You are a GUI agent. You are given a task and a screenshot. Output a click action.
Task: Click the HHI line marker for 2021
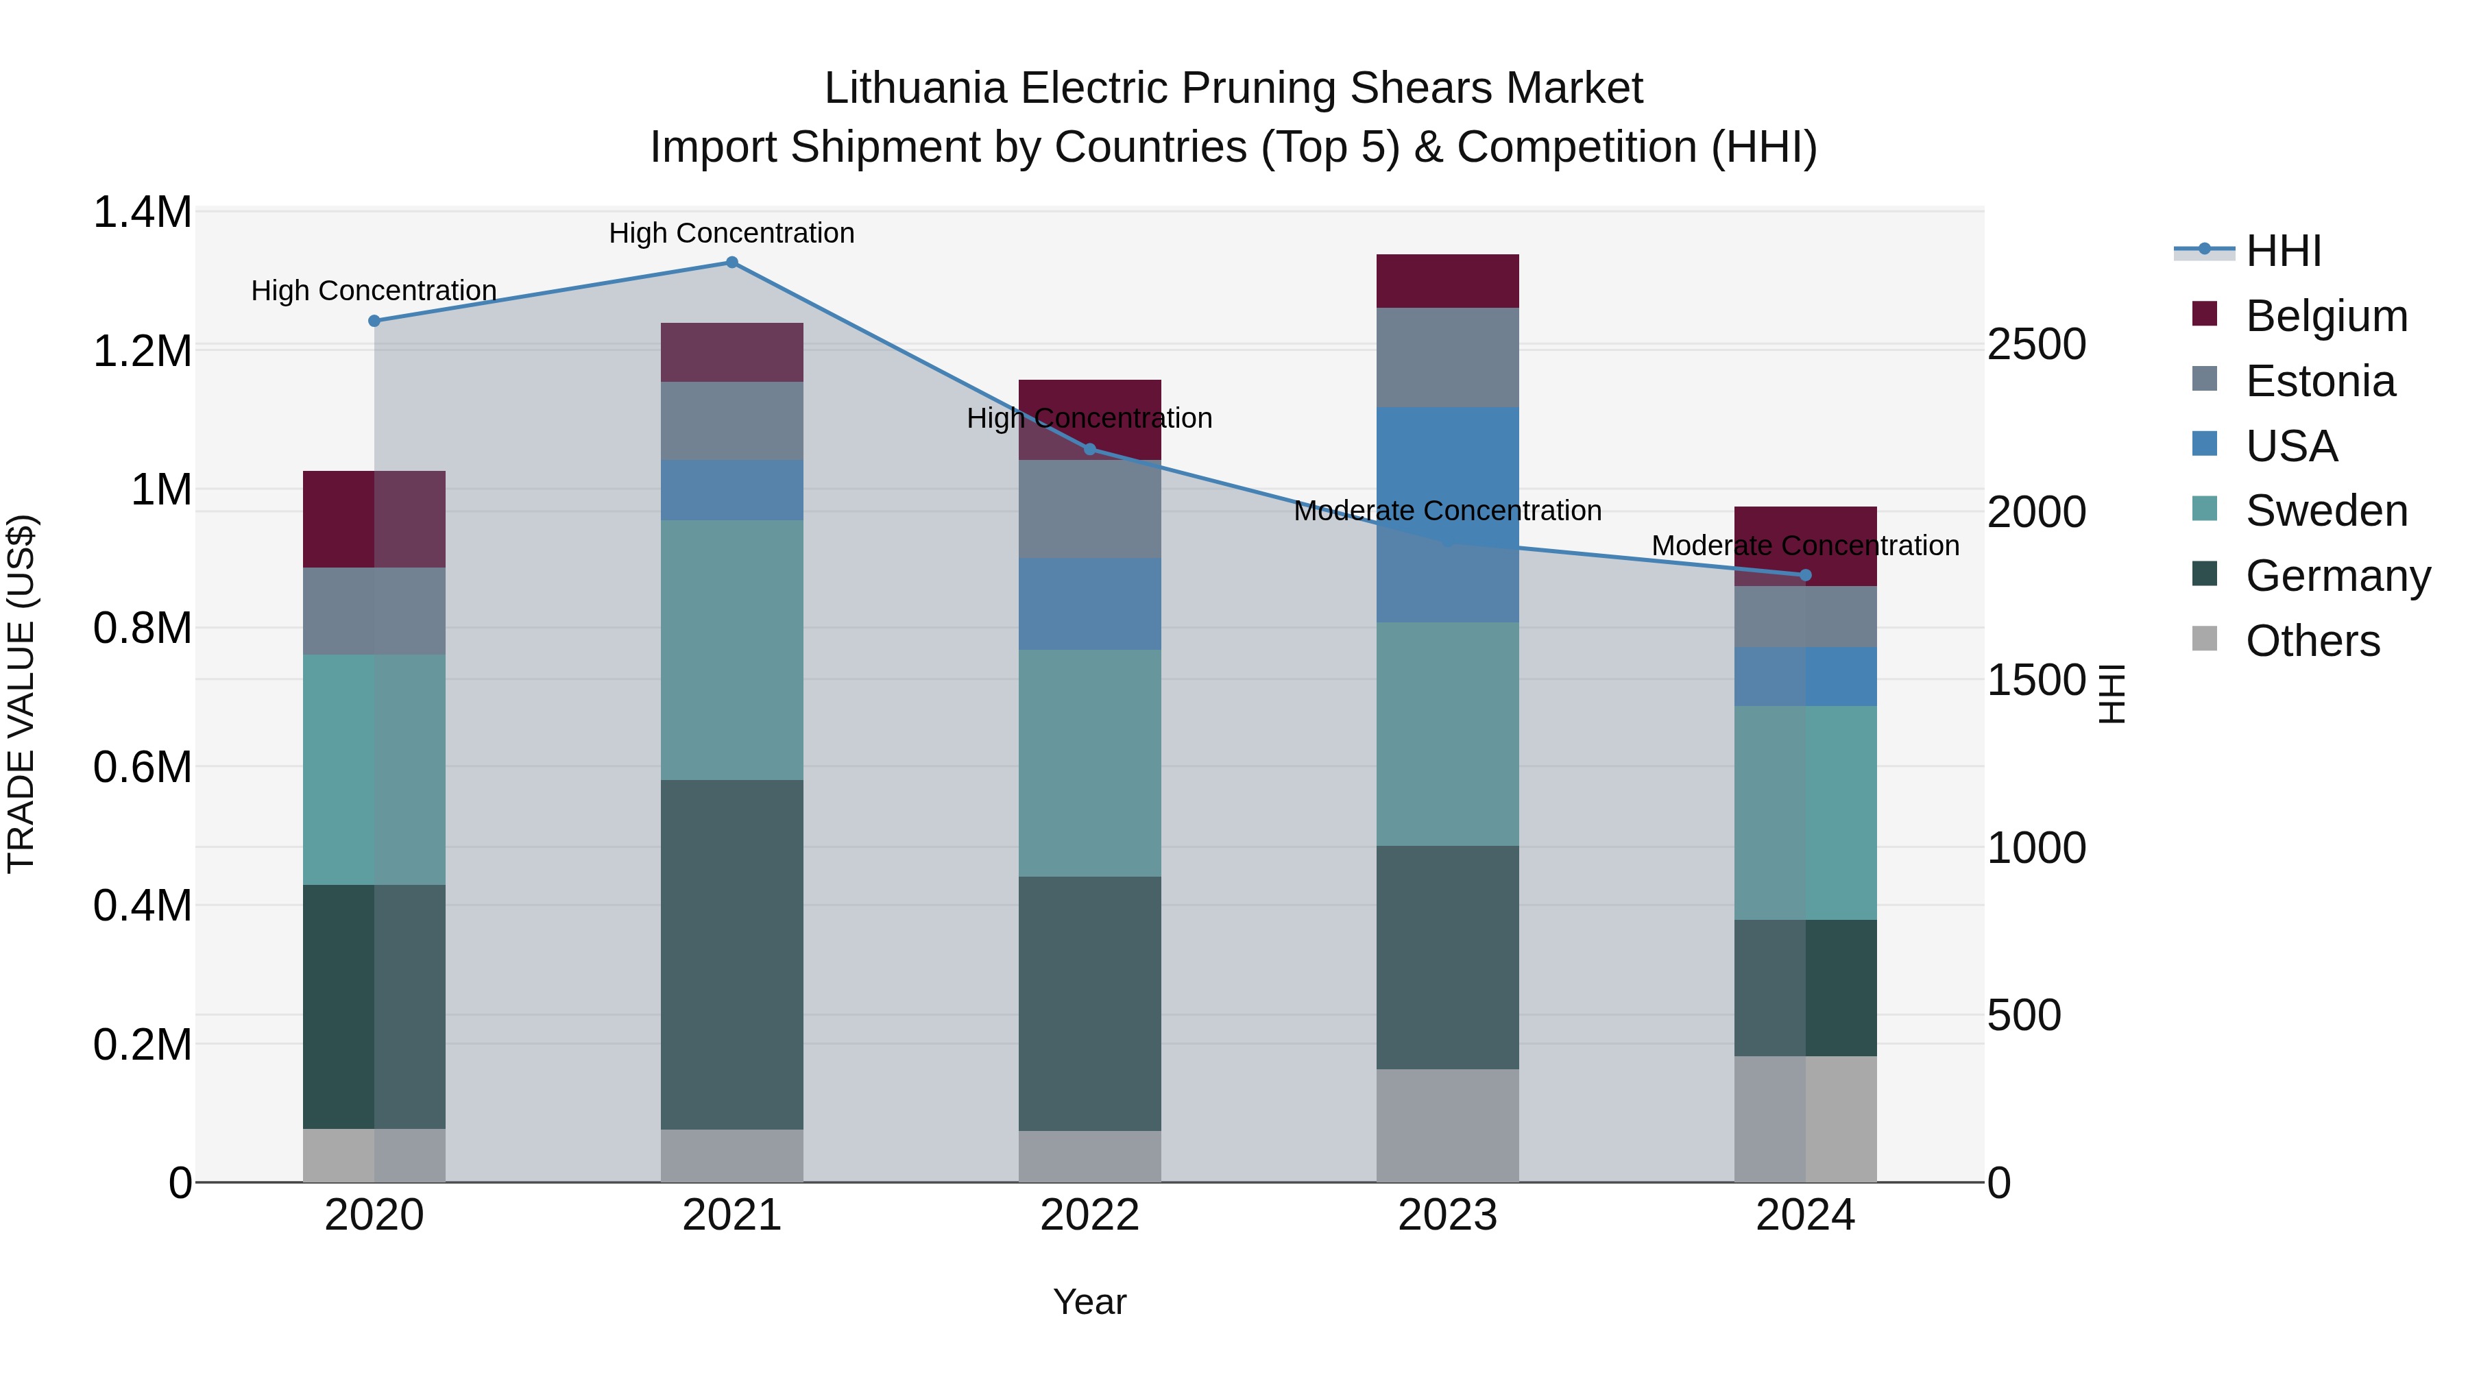[732, 263]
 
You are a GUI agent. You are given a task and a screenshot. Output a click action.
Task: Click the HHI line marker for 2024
[1805, 575]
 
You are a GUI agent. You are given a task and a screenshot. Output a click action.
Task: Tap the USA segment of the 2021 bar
[732, 489]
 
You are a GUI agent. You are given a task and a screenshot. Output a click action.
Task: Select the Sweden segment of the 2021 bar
[732, 650]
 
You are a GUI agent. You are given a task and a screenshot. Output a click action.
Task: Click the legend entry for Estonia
[2319, 381]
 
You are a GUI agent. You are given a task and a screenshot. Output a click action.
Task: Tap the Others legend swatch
[2205, 639]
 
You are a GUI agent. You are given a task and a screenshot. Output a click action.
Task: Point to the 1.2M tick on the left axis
[142, 350]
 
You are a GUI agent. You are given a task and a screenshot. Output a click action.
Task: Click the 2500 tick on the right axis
[2036, 344]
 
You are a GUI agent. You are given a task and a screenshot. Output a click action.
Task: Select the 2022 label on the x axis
[1089, 1215]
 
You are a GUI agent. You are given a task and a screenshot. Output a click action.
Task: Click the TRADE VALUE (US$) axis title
[21, 694]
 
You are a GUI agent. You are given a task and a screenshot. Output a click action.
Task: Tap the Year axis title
[1089, 1302]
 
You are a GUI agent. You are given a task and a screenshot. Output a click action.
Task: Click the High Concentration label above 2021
[732, 233]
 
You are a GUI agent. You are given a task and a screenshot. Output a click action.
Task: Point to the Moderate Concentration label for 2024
[1805, 545]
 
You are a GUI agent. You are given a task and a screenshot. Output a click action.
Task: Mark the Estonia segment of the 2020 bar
[374, 611]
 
